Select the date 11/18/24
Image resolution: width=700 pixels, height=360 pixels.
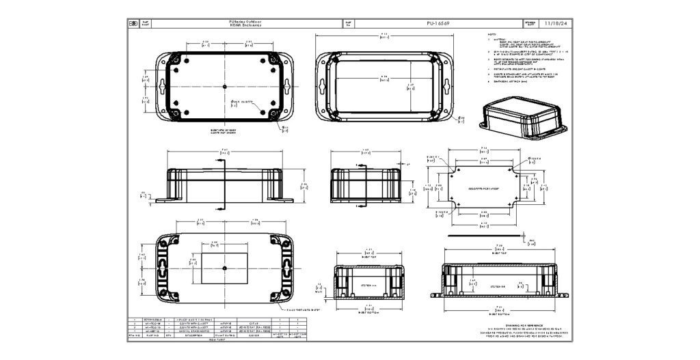pos(554,23)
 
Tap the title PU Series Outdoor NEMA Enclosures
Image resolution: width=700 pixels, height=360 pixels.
pos(250,23)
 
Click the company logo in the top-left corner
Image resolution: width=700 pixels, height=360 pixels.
pos(133,23)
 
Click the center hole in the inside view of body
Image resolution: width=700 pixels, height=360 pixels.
pos(225,87)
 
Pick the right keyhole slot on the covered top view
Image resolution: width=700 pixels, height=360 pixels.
pos(447,88)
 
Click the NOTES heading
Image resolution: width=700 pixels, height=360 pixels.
pos(492,34)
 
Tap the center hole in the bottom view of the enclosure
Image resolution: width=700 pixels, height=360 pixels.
pos(225,269)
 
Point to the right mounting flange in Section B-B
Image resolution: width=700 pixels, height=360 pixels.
pos(562,295)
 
